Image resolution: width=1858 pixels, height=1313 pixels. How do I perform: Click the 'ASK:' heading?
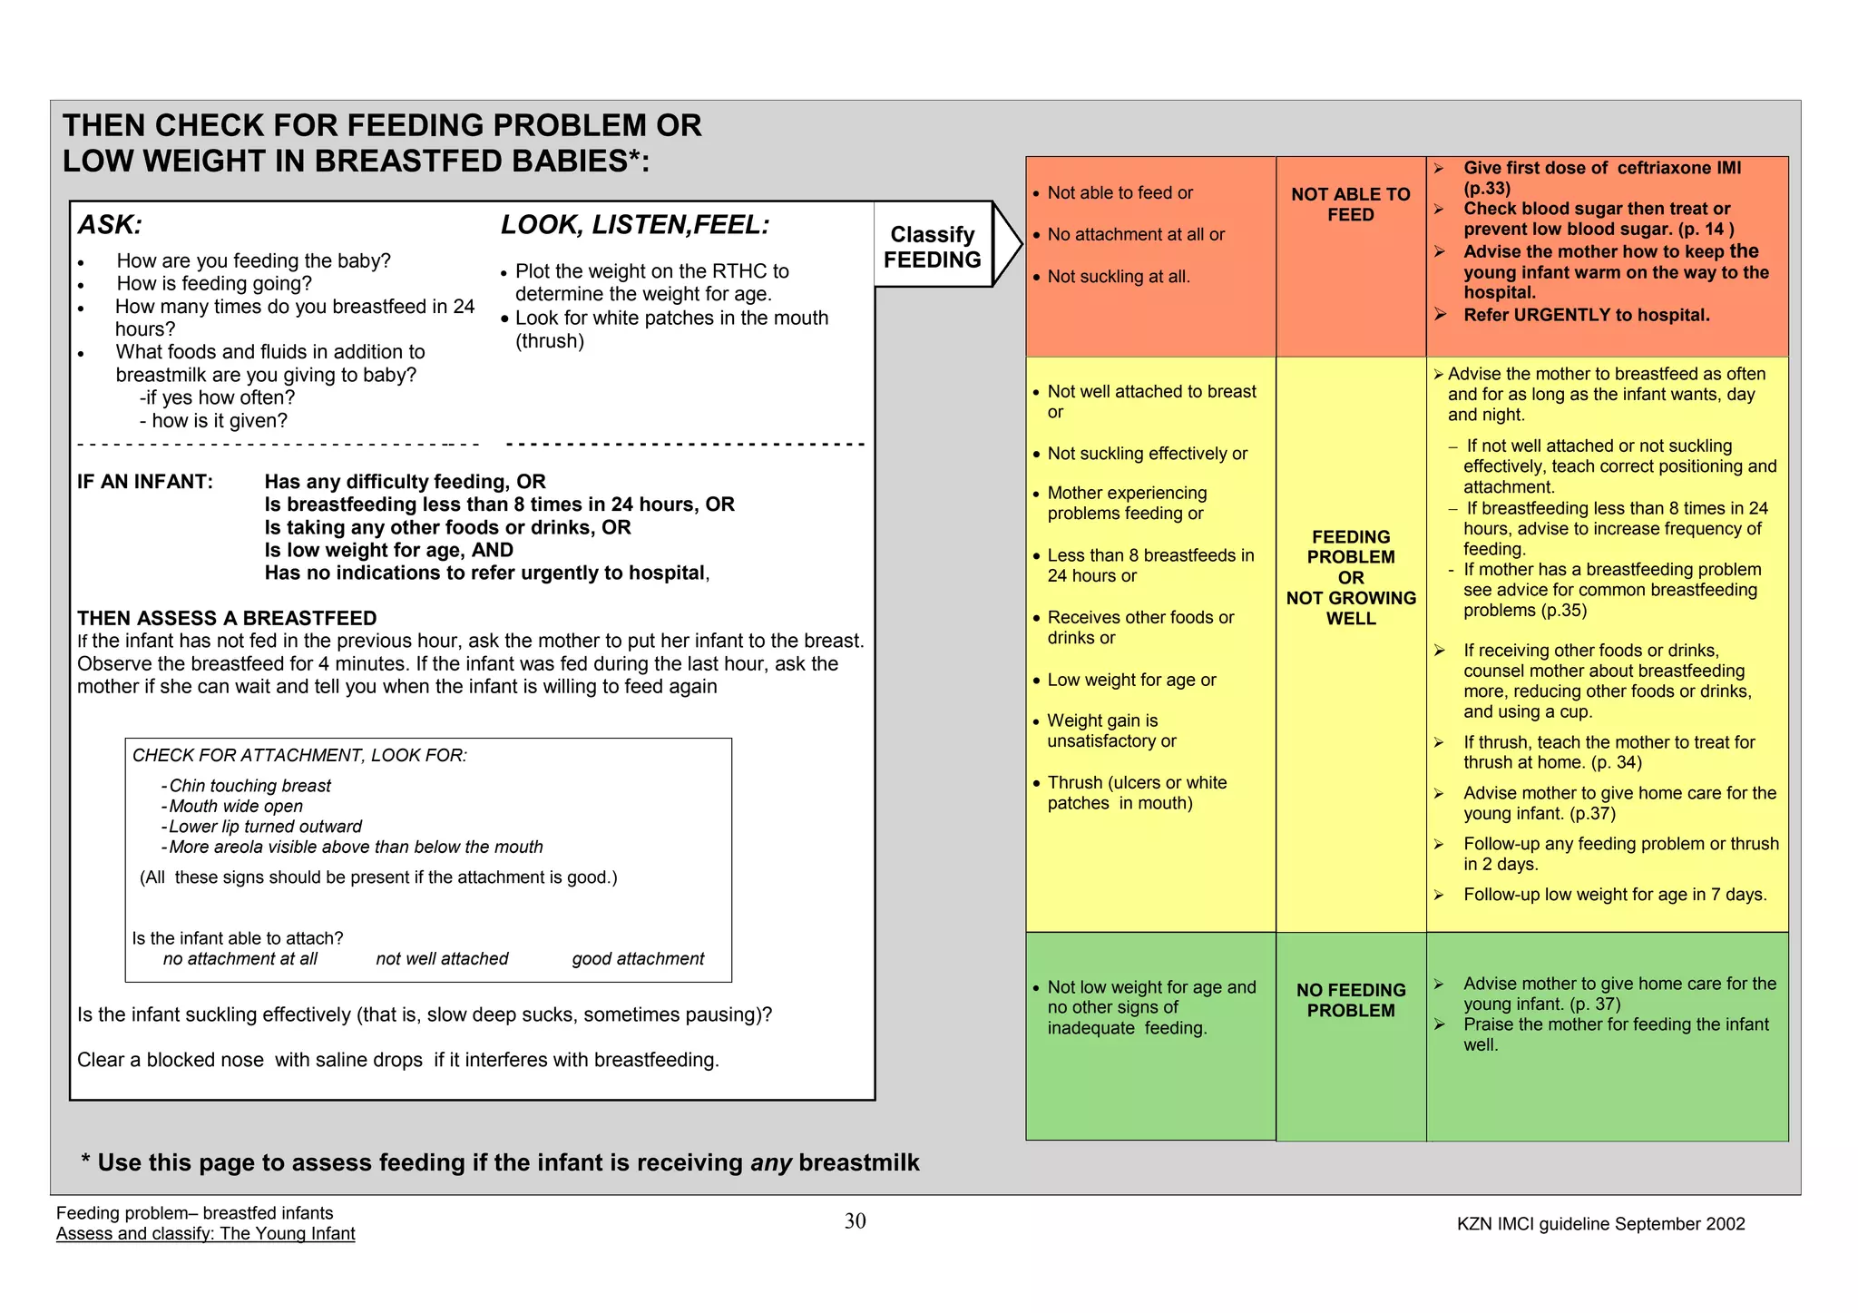[x=110, y=225]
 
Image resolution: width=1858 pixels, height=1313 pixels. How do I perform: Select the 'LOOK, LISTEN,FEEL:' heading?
[x=635, y=225]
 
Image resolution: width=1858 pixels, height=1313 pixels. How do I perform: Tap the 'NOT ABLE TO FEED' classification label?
[x=1350, y=204]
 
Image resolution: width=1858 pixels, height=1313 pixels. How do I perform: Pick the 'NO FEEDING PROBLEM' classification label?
[x=1350, y=1000]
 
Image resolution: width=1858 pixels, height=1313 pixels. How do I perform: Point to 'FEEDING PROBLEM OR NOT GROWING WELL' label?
[x=1350, y=577]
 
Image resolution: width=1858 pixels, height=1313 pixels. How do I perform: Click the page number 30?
[x=855, y=1221]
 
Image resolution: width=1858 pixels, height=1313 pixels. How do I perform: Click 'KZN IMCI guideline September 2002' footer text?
[x=1600, y=1224]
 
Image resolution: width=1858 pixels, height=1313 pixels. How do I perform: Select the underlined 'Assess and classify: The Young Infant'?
[x=205, y=1234]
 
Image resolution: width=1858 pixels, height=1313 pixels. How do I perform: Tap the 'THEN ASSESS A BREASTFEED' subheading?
[x=227, y=619]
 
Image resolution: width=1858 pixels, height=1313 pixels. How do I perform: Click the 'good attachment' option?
[x=638, y=959]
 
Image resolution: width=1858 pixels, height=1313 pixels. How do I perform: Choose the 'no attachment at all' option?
[x=240, y=959]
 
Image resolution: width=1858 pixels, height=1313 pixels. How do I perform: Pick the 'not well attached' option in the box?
[x=442, y=959]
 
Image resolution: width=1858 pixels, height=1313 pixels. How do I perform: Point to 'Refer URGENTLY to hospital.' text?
[x=1586, y=315]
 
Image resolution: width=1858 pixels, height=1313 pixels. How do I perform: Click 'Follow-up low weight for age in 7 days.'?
[x=1615, y=895]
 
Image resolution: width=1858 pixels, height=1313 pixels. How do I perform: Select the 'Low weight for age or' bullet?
[x=1130, y=680]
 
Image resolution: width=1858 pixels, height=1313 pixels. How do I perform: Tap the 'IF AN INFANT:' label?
[x=145, y=482]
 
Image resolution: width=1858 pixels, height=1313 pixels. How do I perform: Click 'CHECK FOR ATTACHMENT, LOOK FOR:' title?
[x=299, y=756]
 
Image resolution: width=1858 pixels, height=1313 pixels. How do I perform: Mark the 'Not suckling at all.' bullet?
[x=1118, y=277]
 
